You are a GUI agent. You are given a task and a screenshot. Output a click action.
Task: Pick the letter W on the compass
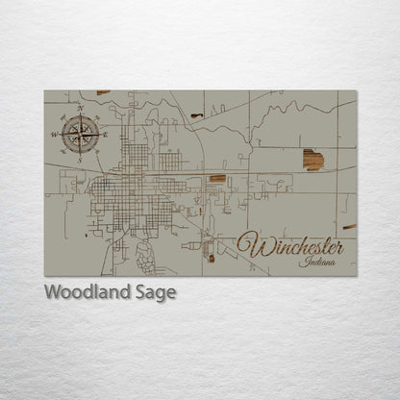[55, 134]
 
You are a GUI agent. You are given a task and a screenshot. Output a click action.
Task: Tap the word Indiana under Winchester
[318, 262]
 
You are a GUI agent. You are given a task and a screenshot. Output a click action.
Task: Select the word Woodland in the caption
[83, 292]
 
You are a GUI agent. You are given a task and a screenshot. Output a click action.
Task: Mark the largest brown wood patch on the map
[312, 160]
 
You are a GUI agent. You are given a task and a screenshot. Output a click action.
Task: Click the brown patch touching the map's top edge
[103, 92]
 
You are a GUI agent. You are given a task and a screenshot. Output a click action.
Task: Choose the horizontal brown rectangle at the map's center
[218, 178]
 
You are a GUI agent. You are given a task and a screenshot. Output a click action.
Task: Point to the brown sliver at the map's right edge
[349, 227]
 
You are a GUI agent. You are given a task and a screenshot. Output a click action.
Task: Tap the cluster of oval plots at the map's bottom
[146, 255]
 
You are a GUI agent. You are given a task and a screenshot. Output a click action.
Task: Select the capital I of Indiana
[302, 262]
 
